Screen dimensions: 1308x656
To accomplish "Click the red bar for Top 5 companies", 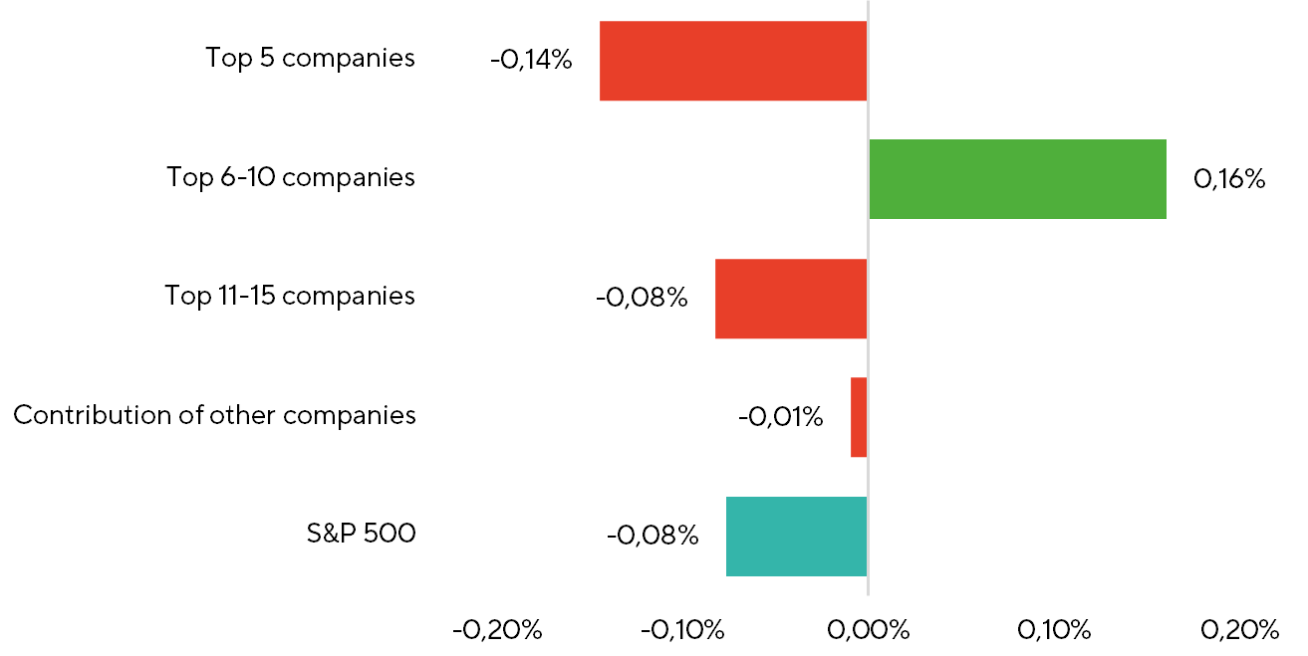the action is click(733, 61).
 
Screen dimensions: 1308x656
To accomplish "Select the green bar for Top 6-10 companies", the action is click(1018, 179).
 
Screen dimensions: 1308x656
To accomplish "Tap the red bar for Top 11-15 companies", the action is click(791, 299).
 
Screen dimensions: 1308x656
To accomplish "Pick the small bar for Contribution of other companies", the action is click(859, 417).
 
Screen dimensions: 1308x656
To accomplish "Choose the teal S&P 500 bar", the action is click(797, 537).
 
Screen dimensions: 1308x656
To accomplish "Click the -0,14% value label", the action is click(531, 60).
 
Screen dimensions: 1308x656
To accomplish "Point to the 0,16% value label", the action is click(1229, 178).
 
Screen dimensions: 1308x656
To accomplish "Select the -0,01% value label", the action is click(781, 417).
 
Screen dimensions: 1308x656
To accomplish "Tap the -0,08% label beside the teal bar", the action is click(653, 536).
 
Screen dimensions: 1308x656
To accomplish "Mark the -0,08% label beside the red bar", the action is click(642, 297).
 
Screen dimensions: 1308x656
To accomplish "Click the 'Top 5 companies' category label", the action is click(310, 59).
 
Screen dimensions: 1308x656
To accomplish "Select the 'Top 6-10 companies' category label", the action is click(291, 177).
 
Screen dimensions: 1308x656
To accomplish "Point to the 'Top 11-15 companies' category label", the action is click(290, 296).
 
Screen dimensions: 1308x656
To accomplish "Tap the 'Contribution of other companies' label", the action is click(214, 415).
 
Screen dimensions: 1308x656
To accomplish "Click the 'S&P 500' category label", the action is click(361, 533).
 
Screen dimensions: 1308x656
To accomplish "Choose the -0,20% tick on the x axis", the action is click(497, 630).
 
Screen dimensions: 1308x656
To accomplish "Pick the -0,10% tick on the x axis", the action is click(682, 630).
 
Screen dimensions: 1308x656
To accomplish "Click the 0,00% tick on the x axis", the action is click(869, 630).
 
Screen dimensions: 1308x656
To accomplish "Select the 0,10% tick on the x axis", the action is click(1054, 630).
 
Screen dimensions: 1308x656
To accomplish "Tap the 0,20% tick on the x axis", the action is click(1239, 630).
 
